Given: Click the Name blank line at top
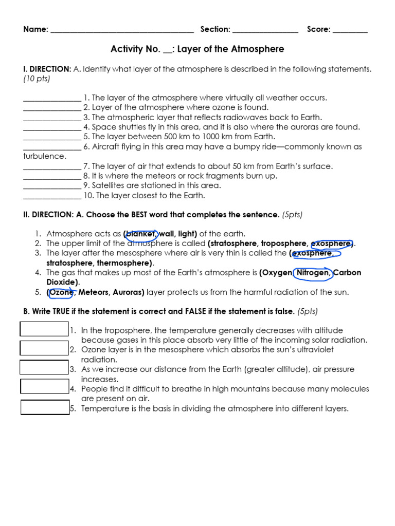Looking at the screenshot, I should click(122, 30).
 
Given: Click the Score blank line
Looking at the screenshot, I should click(350, 30).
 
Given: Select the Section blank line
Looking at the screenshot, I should click(265, 30).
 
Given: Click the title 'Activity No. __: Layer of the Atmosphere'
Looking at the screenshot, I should click(197, 49).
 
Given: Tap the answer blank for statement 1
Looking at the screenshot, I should click(52, 98).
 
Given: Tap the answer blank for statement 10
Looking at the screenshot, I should click(52, 196).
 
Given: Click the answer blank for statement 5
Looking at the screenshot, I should click(52, 137).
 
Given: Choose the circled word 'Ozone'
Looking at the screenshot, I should click(61, 292).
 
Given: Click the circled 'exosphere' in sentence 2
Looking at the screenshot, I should click(332, 243).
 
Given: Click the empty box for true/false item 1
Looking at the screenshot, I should click(44, 329).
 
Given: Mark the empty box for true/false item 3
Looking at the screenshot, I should click(44, 368).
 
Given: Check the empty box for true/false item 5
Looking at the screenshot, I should click(45, 407).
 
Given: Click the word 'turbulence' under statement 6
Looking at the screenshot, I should click(44, 157).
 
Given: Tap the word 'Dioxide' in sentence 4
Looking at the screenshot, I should click(62, 283).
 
